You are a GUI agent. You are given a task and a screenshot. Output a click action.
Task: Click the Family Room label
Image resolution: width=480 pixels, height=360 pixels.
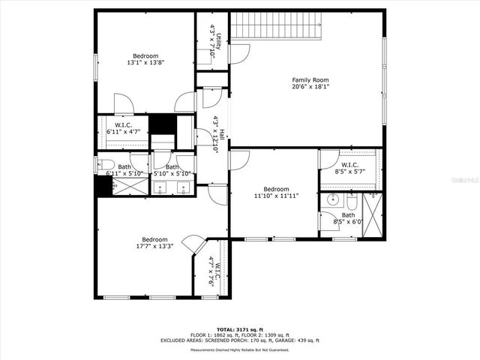click(310, 79)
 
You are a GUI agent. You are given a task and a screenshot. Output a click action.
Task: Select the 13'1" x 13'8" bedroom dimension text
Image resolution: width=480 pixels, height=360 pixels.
click(145, 63)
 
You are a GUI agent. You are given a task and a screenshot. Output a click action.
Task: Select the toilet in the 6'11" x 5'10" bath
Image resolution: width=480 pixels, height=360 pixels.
click(106, 164)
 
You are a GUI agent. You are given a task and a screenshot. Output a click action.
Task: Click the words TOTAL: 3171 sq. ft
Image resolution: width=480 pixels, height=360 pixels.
click(240, 329)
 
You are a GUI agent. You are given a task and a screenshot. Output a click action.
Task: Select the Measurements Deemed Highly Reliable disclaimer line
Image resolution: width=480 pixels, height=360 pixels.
click(240, 349)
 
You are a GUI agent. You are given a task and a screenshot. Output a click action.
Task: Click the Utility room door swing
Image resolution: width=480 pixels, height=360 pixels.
click(238, 52)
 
